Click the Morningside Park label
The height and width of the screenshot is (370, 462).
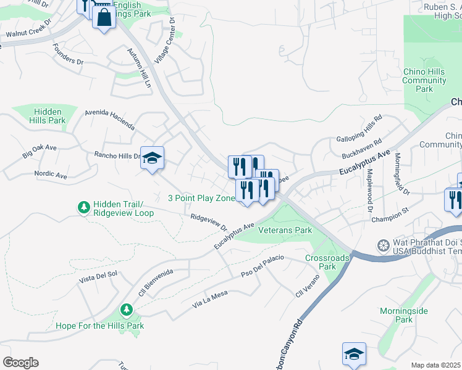[404, 315]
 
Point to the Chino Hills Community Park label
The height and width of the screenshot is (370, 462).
[424, 80]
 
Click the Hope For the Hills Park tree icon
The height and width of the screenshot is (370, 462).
[127, 309]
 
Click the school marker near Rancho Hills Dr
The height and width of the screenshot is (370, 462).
[152, 158]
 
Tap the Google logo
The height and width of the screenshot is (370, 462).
[20, 362]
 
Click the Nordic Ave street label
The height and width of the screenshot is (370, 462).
[51, 175]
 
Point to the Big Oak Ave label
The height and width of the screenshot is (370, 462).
[40, 151]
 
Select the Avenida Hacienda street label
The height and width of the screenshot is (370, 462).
[111, 120]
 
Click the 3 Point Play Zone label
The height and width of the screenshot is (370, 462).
[201, 198]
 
